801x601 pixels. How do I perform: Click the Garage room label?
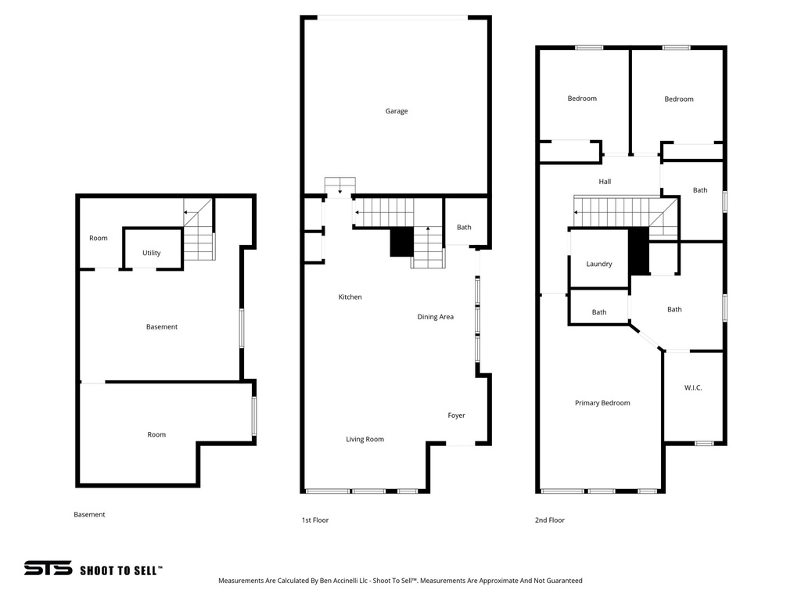coord(396,111)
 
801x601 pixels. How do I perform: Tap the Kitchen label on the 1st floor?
coord(350,297)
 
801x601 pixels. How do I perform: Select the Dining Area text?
coord(435,317)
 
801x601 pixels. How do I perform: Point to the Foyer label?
coord(456,416)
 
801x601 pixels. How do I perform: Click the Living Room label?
coord(365,440)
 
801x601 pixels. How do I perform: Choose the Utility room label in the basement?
coord(152,254)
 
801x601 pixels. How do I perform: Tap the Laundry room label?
coord(599,265)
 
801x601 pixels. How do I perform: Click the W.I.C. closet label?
coord(693,387)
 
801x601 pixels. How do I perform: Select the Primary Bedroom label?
coord(602,403)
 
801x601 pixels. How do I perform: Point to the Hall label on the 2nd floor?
coord(605,182)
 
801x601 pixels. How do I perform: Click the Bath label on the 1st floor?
coord(464,228)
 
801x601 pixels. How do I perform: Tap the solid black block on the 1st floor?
coord(401,242)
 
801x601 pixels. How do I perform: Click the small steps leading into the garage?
coord(340,186)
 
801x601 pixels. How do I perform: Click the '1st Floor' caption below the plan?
coord(315,520)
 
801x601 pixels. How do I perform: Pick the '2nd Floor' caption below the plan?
coord(549,520)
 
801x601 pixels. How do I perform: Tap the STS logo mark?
coord(48,569)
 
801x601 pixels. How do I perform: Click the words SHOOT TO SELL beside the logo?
coord(120,570)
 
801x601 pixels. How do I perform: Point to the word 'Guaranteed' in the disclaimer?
coord(562,581)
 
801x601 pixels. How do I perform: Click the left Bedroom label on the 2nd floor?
coord(582,99)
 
